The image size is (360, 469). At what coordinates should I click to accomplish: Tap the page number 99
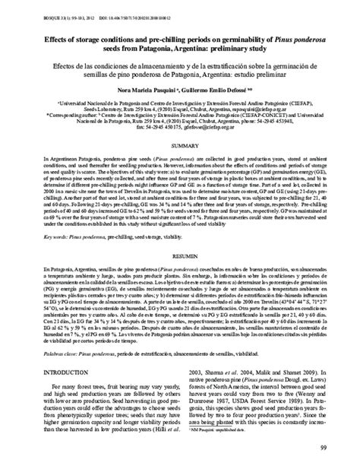(x=343, y=457)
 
